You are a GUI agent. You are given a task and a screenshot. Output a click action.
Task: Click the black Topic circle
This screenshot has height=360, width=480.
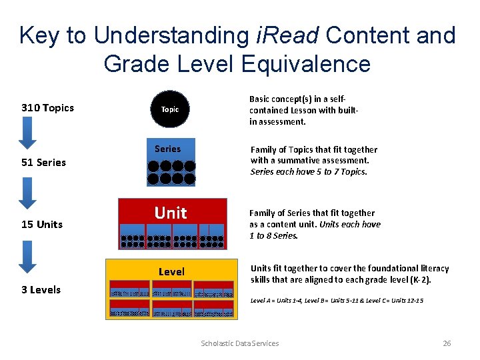coord(170,109)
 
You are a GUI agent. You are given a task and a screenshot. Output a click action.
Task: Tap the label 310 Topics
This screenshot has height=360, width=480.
coord(47,108)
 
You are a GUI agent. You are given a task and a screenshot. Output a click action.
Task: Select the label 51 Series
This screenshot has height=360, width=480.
coord(43,163)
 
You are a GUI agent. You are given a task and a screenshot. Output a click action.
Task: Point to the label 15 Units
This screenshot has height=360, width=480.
coord(41,225)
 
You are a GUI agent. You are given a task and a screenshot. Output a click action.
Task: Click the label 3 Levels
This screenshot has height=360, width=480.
coord(41,290)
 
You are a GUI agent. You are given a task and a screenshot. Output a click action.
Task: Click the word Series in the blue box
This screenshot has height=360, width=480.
coord(167,149)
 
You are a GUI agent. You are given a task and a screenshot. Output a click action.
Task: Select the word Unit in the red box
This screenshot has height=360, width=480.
coord(171,213)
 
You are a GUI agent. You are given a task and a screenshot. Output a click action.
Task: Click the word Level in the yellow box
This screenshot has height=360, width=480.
coord(171,272)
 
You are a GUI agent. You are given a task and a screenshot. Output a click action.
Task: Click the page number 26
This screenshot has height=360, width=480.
coord(447,343)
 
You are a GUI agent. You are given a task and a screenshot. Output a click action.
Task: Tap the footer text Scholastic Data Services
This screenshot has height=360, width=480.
coord(240,343)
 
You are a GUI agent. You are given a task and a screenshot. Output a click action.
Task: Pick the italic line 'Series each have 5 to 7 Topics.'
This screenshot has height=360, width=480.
coord(309,171)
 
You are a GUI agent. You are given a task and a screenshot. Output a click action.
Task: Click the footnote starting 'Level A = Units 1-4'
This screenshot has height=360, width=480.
coord(337,301)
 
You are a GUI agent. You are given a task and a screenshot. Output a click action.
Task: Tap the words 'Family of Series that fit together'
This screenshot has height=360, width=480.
coord(312,213)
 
